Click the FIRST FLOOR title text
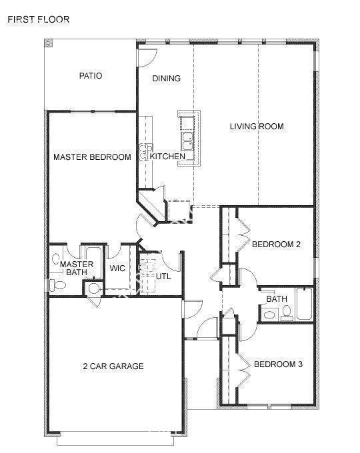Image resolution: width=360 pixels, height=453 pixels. pos(39,19)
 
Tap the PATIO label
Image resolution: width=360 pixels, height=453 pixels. pos(91,76)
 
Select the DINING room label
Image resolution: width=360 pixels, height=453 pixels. pos(166,79)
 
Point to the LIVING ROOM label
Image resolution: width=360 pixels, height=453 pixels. pos(257,126)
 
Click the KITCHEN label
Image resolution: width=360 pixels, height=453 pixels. pos(167,157)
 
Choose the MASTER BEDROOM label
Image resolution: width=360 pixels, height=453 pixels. pos(92,157)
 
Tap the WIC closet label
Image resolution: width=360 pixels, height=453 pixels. pos(117,268)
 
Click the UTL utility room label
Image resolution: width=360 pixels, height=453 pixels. pos(164,274)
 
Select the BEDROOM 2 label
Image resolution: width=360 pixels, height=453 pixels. pos(276,244)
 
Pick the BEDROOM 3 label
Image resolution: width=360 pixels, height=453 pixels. pos(278,364)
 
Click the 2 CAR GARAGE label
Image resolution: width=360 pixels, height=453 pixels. pos(113,366)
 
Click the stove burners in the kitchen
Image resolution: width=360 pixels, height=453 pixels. pos(145,152)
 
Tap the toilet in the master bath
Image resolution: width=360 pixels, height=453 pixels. pos(57,285)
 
